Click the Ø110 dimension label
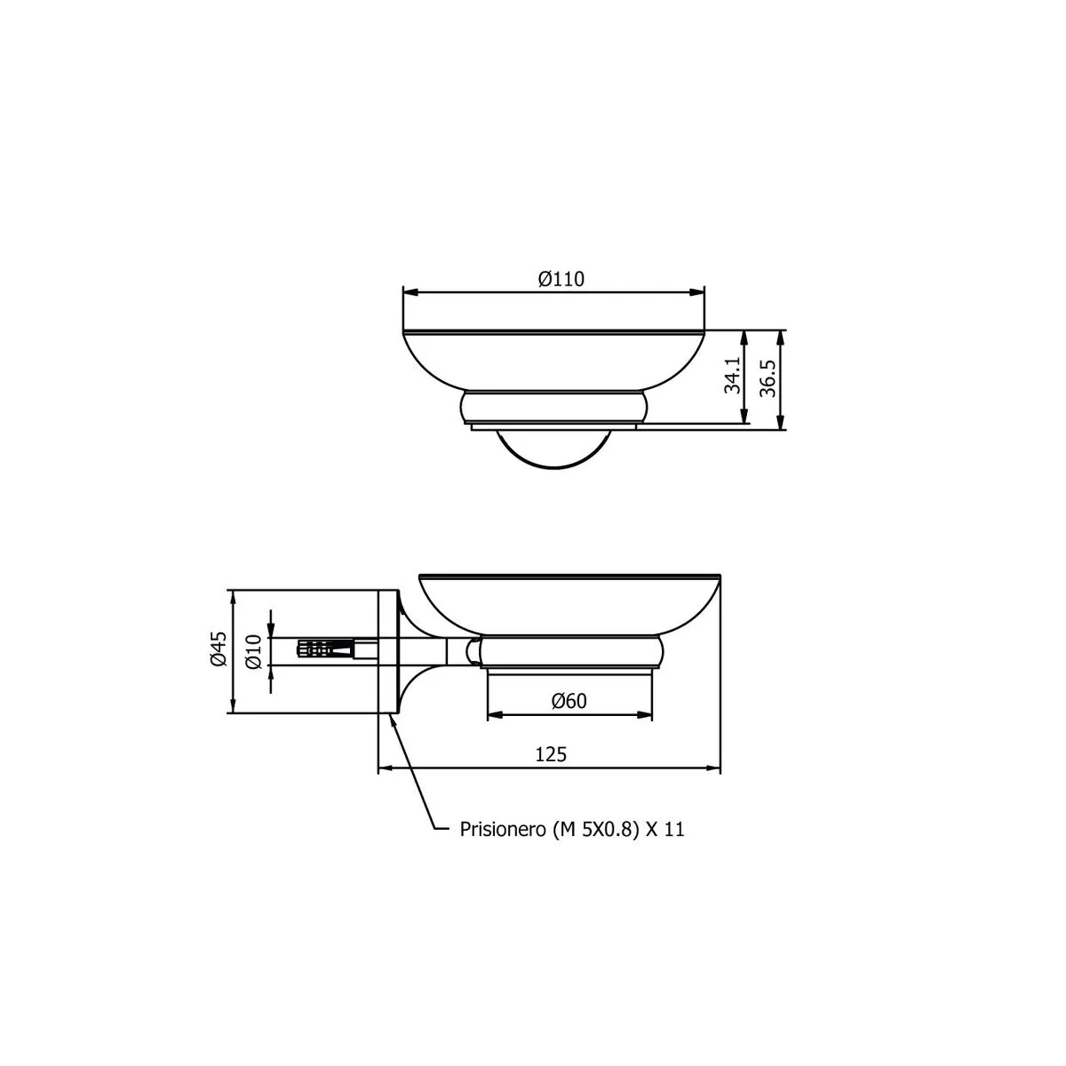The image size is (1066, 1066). [561, 279]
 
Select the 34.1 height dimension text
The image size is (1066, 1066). [732, 375]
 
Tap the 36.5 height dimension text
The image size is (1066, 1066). [768, 378]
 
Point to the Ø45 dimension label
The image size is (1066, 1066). [219, 648]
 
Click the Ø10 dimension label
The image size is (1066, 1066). [253, 652]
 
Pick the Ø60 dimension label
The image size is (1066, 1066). [569, 701]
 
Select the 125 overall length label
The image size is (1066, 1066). [551, 754]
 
